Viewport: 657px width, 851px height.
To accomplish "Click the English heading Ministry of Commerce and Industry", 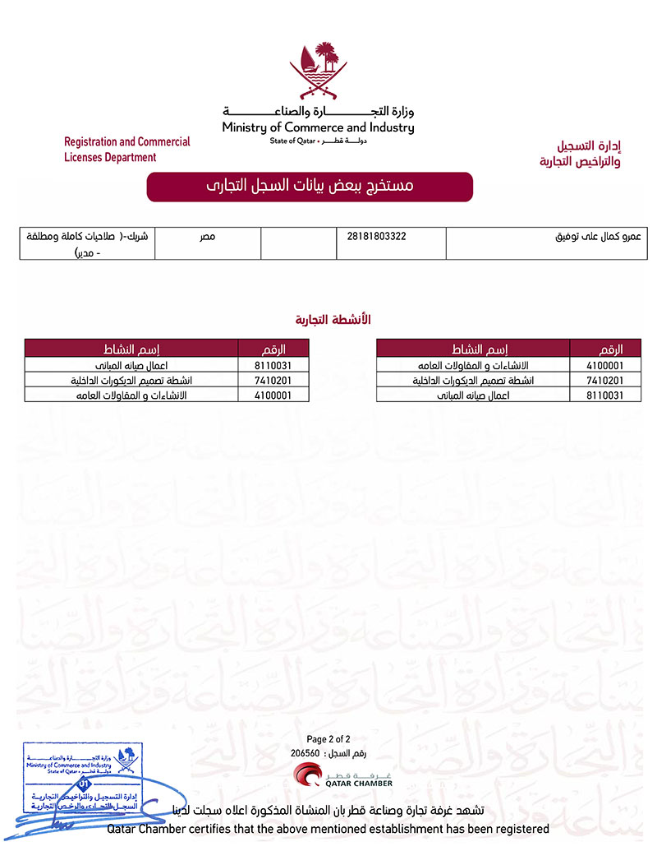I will point(318,127).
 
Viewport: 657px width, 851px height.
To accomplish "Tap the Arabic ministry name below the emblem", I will point(318,111).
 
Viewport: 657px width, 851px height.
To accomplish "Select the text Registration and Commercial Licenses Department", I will point(126,150).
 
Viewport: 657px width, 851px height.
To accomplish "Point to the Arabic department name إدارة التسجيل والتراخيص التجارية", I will point(580,154).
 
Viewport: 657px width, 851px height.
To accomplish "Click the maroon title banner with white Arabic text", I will point(310,187).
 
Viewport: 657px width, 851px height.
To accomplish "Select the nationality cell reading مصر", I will point(207,237).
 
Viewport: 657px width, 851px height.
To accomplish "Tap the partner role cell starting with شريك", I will point(86,243).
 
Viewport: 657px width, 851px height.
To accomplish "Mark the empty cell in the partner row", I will point(298,243).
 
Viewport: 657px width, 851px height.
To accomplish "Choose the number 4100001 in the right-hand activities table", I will point(607,366).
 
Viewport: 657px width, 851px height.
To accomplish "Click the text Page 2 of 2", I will point(328,739).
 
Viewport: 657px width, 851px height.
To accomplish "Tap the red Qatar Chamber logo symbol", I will point(310,776).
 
